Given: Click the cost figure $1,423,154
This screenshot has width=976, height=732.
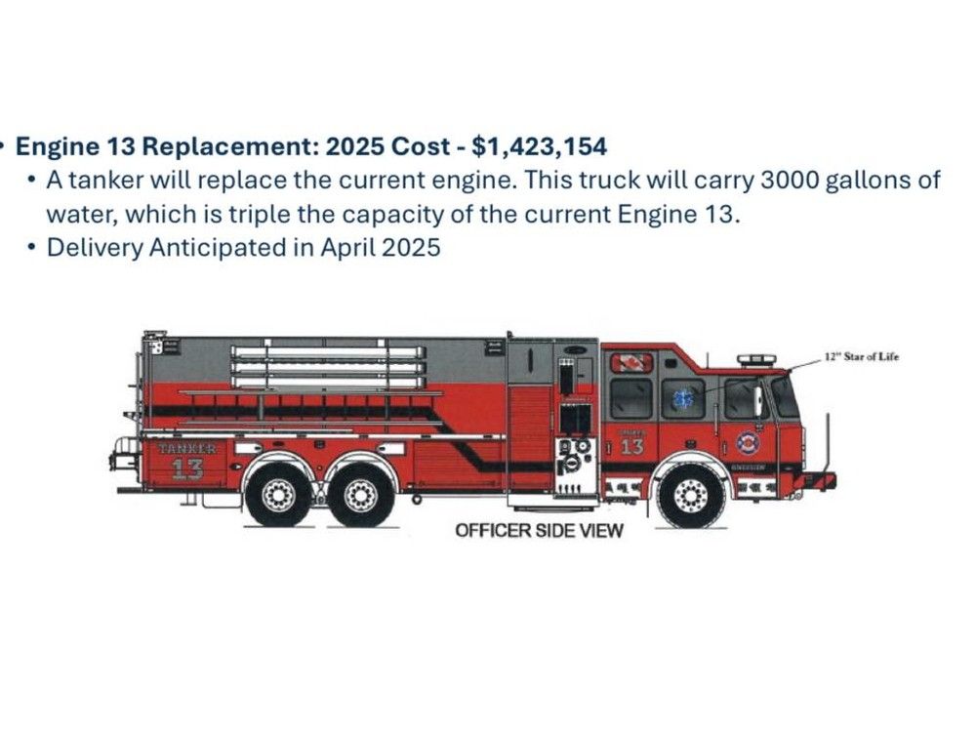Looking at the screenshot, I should (x=539, y=147).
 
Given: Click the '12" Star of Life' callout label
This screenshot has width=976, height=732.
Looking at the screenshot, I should (x=859, y=357).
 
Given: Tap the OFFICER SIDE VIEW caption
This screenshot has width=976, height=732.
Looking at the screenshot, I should (x=539, y=530).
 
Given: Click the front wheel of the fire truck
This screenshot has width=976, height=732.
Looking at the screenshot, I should (x=690, y=495).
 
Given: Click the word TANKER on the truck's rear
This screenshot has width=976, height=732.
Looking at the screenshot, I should (x=187, y=448).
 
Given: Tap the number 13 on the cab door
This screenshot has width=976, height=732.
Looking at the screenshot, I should (x=631, y=446).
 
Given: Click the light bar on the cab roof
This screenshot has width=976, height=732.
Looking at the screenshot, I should (x=756, y=360).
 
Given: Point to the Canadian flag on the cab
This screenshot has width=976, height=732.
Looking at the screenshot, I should (x=630, y=363).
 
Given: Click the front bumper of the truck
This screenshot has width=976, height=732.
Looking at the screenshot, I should (x=820, y=480).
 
